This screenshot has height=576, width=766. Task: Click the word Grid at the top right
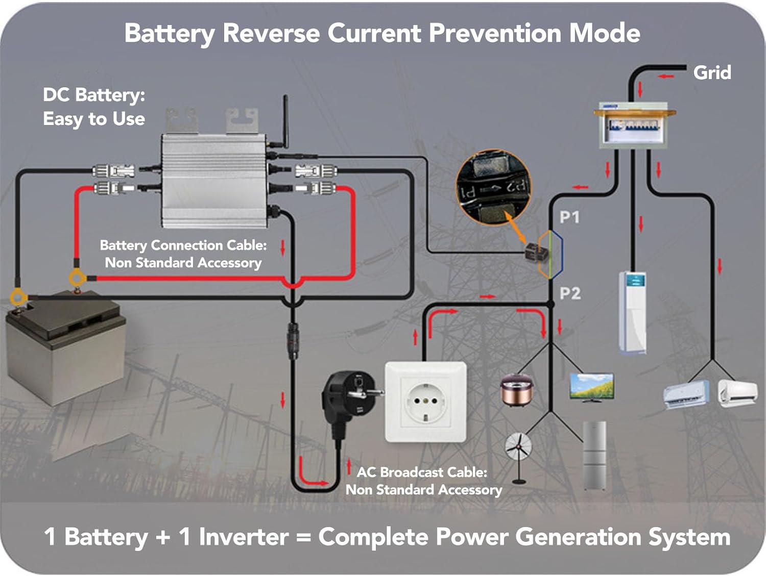pyautogui.click(x=712, y=72)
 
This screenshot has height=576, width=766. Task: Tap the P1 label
pyautogui.click(x=569, y=217)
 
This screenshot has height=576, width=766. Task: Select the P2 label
pyautogui.click(x=570, y=293)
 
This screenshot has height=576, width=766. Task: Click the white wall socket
pyautogui.click(x=425, y=402)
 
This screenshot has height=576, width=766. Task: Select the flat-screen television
pyautogui.click(x=591, y=387)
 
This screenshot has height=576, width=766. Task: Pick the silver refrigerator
pyautogui.click(x=594, y=455)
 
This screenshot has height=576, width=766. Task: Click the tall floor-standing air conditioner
pyautogui.click(x=633, y=312)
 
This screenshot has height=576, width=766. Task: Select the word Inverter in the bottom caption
pyautogui.click(x=244, y=537)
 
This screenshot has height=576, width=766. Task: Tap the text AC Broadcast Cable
pyautogui.click(x=422, y=472)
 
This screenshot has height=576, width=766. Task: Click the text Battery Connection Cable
pyautogui.click(x=183, y=245)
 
